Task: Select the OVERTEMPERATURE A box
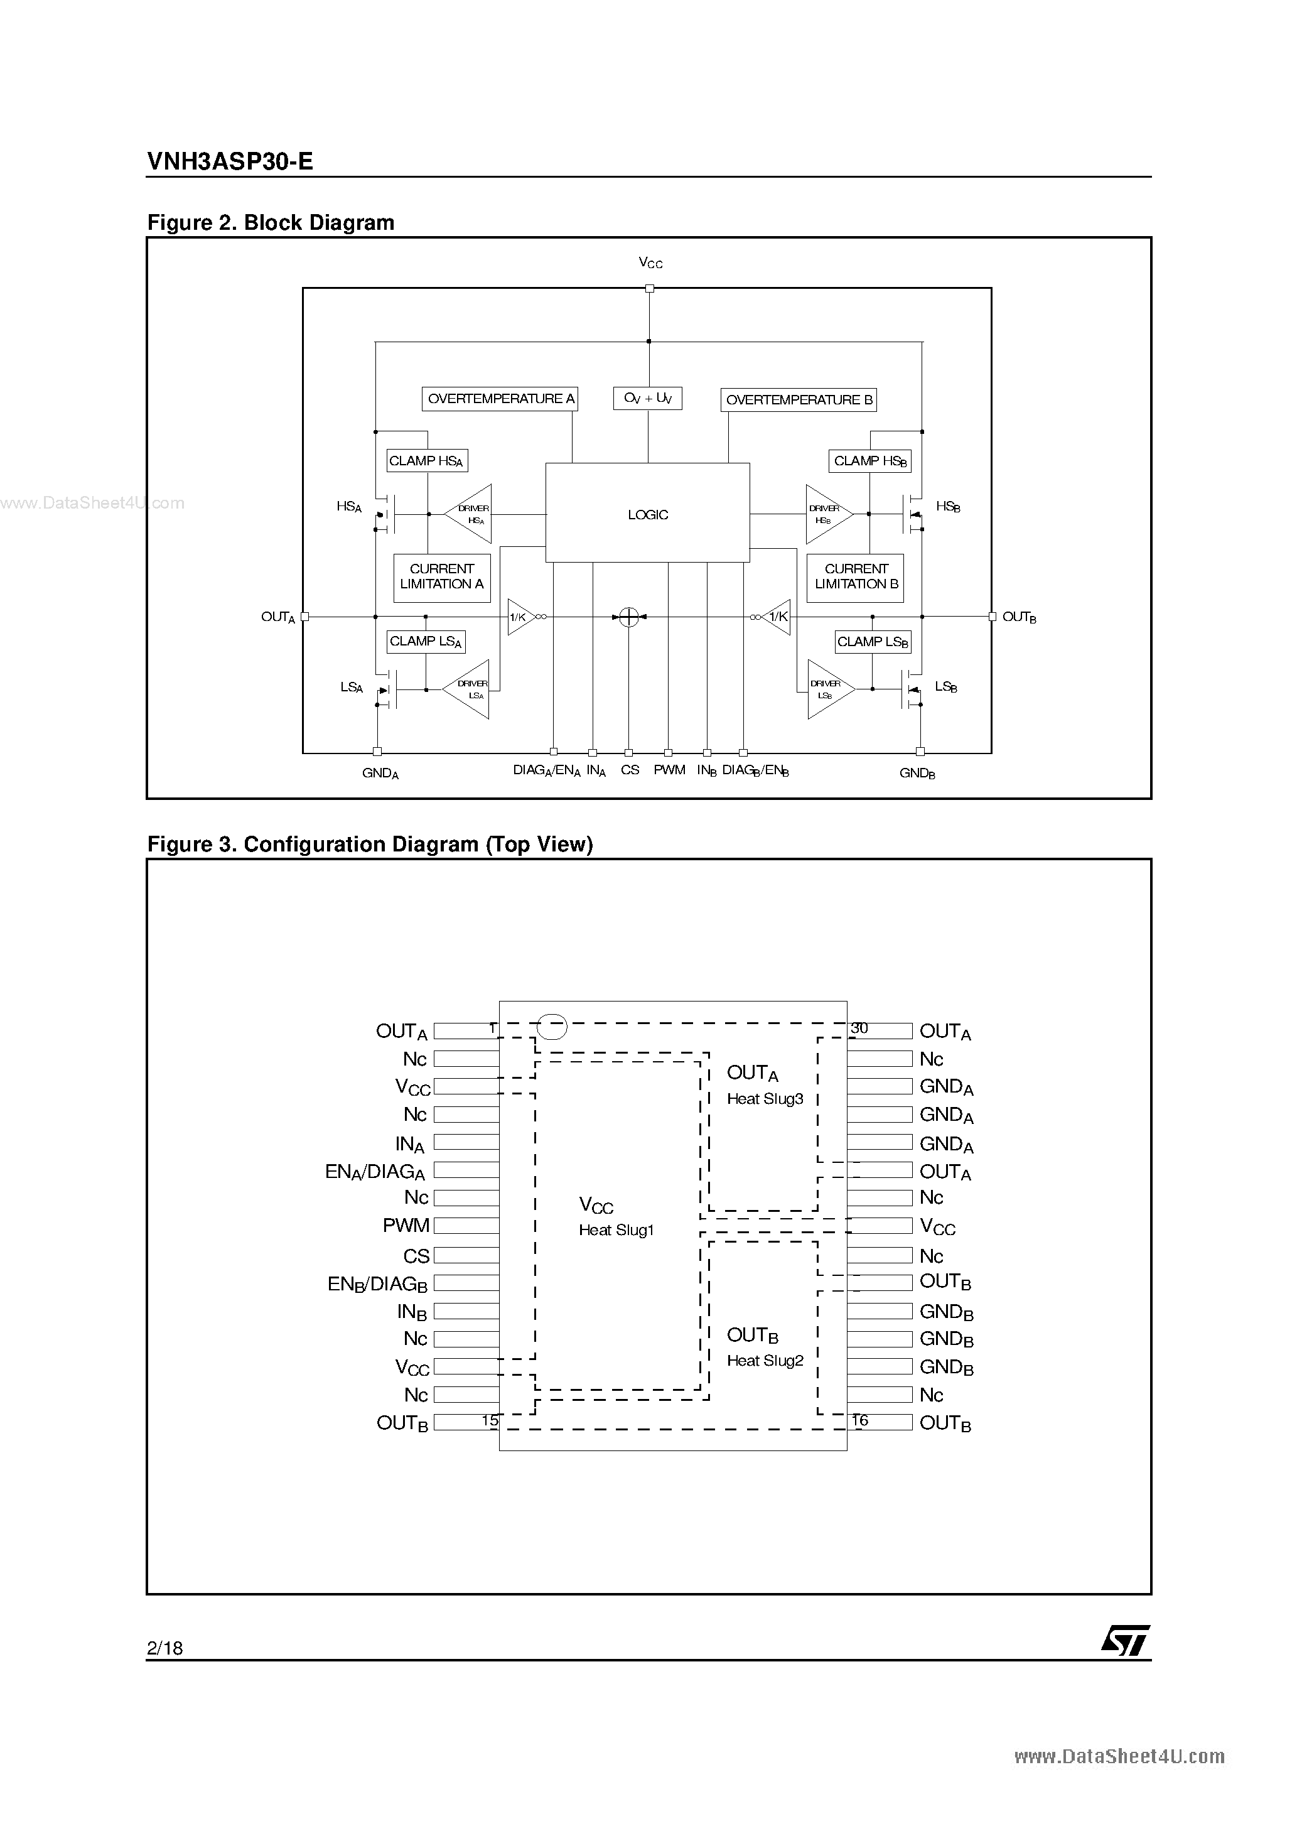point(500,398)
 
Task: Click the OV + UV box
point(648,398)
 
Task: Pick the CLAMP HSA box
point(426,461)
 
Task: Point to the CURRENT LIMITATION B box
point(856,576)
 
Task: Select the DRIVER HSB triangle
point(826,514)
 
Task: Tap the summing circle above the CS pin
point(629,617)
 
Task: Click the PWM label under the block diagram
point(669,770)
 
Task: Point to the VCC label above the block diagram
point(650,263)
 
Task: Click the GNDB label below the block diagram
point(917,773)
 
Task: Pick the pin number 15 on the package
point(490,1421)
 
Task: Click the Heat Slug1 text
point(616,1230)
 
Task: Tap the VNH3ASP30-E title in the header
point(230,161)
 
